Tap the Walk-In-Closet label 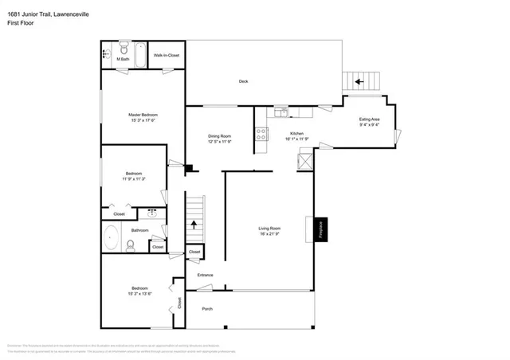tap(167, 56)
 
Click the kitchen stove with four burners tap(261, 135)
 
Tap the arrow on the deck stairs tap(359, 80)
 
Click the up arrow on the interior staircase tap(194, 225)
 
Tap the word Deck tap(244, 81)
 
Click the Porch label tap(207, 309)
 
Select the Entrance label tap(206, 276)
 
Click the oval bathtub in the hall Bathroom tap(112, 237)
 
